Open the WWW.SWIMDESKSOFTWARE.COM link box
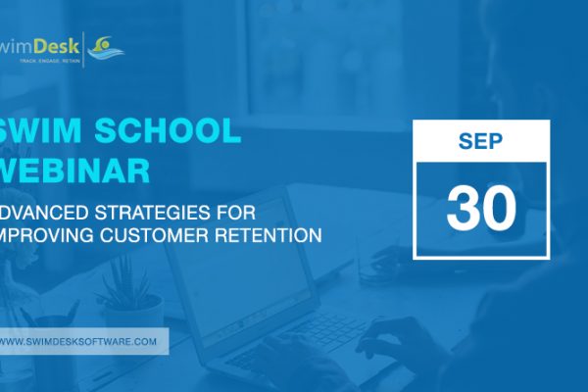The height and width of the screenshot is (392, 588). tap(82, 341)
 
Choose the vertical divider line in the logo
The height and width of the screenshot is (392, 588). tap(85, 48)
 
